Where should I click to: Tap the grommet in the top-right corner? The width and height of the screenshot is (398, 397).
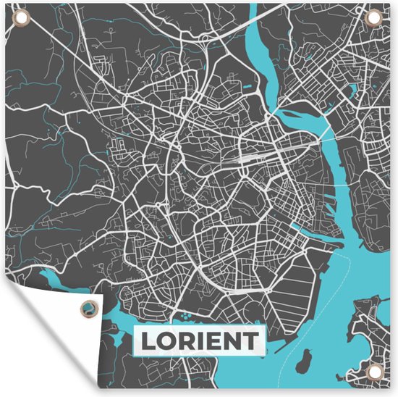pyautogui.click(x=378, y=19)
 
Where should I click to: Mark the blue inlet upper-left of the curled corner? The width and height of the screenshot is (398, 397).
pyautogui.click(x=54, y=280)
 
